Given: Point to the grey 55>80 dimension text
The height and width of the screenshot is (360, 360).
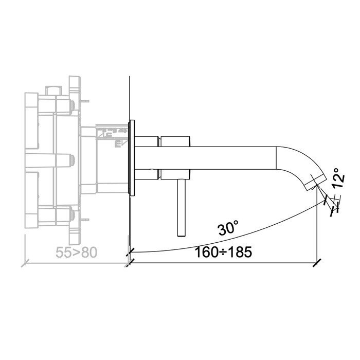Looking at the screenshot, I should [x=76, y=252].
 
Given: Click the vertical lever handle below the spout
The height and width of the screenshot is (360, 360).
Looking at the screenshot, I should [x=181, y=206].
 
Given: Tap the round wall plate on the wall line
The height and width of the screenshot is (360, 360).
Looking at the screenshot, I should [x=133, y=157].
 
